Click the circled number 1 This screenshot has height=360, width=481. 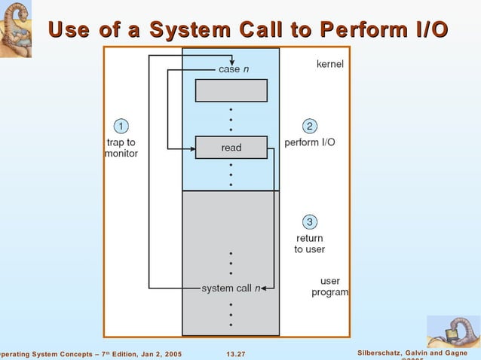pos(121,125)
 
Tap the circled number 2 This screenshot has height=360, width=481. pos(309,125)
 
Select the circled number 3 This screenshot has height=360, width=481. pos(309,221)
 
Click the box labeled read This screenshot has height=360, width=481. pos(231,148)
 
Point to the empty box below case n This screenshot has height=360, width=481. pos(231,90)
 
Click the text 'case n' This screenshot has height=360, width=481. pos(233,69)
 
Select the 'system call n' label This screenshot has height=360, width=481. pos(231,288)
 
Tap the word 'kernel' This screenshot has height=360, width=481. pos(329,65)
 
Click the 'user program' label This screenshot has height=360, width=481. pos(329,287)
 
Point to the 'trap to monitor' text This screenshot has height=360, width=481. pos(121,148)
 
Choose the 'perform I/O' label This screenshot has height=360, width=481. pos(310,142)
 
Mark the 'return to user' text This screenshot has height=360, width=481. pos(309,244)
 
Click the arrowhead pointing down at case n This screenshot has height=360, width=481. pos(233,62)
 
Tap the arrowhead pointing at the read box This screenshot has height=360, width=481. pos(191,148)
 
